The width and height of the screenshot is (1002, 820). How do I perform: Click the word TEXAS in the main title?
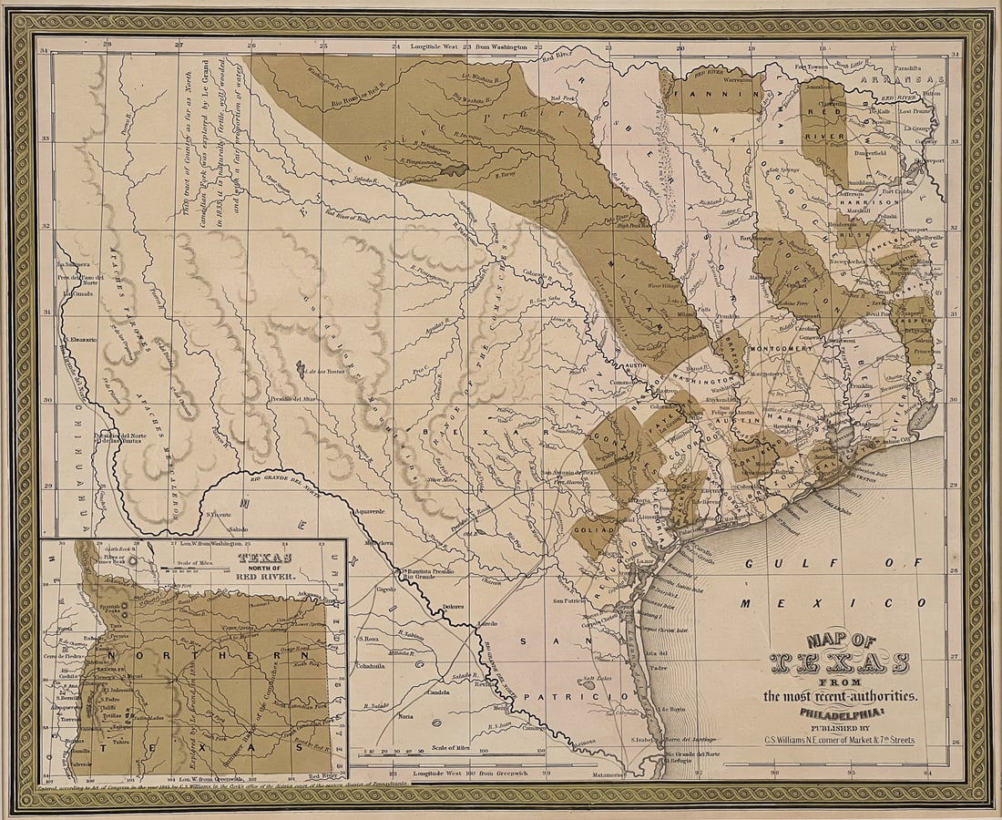(x=837, y=661)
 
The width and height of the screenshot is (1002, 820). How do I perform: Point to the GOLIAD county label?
(x=593, y=528)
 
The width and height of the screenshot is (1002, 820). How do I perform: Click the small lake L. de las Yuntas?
(x=300, y=368)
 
